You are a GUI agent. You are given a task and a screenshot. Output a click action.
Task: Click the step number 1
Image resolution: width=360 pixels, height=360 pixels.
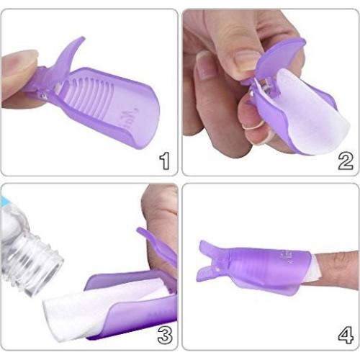click(163, 160)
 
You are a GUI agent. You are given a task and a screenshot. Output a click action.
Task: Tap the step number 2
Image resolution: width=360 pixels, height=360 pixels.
click(344, 159)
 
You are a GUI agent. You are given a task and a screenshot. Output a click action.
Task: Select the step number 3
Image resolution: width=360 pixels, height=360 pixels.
click(163, 333)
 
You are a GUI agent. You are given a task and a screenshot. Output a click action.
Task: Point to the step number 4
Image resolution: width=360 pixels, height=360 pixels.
click(344, 333)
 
